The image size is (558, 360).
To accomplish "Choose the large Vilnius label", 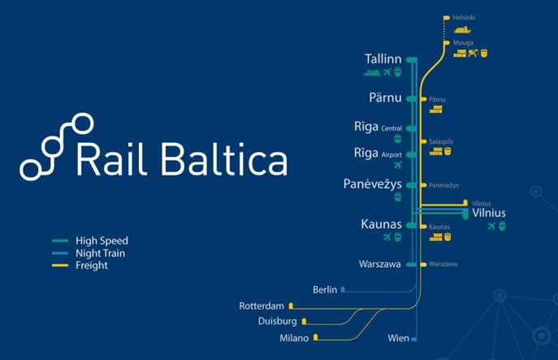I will (489, 213).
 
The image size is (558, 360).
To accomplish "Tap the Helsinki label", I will (464, 17).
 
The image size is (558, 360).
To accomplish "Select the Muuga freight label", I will (462, 42).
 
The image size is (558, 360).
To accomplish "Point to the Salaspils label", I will (441, 141).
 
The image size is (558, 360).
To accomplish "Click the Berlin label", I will (325, 289).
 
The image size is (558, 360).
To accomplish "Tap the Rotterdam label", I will (262, 306).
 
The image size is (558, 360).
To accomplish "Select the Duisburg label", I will (277, 322).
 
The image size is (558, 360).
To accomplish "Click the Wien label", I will (398, 338).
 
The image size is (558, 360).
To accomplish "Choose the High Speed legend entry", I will (102, 241).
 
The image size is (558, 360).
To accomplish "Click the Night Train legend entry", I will (100, 253).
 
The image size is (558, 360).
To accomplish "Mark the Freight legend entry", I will (91, 265).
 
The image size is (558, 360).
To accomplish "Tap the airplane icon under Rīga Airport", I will (397, 164).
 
